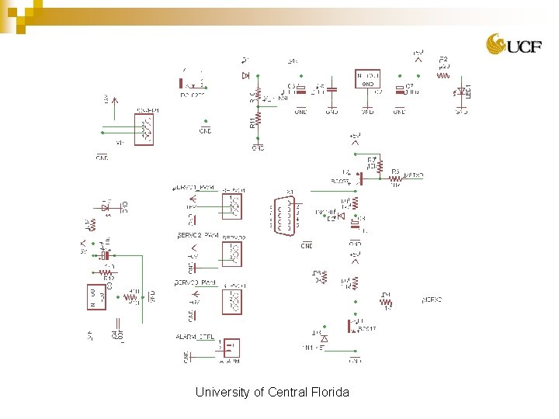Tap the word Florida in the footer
330,392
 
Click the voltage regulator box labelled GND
368,79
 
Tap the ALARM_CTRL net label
194,337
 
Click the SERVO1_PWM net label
193,188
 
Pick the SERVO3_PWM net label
195,283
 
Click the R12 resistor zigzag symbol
106,272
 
